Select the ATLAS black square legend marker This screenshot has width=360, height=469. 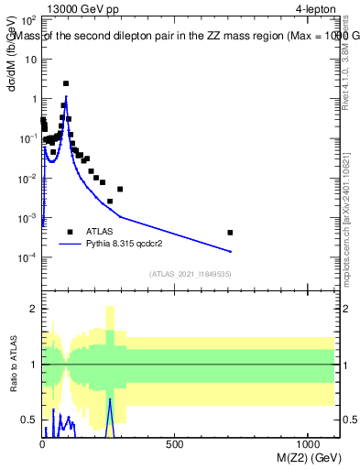pos(71,232)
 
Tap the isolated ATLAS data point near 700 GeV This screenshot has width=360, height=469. pos(230,233)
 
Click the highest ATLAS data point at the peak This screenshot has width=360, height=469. pos(66,83)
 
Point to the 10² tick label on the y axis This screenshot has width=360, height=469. pos(29,19)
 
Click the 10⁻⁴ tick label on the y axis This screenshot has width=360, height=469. pos(29,258)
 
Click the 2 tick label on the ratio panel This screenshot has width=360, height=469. pos(33,309)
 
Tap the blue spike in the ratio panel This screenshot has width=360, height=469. pos(109,403)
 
